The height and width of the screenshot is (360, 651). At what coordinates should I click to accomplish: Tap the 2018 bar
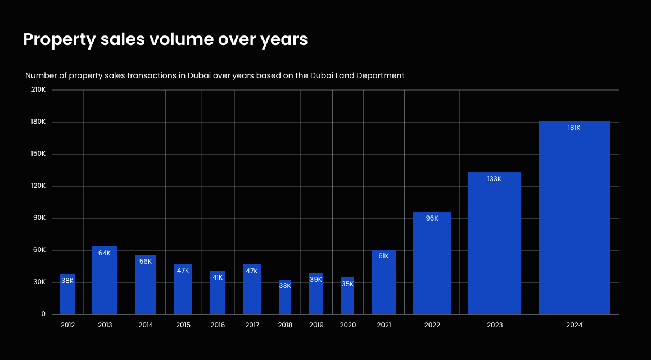tap(285, 298)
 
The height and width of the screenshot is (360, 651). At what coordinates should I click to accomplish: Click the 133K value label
tap(494, 179)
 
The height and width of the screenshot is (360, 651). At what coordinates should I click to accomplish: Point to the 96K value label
tap(432, 218)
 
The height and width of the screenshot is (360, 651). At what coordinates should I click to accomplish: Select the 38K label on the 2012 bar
tap(67, 280)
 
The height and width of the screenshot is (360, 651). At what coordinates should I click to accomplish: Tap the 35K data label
tap(347, 284)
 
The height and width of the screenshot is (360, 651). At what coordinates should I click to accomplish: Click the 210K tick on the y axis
tap(38, 90)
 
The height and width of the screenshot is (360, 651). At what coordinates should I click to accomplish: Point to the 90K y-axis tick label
tap(39, 218)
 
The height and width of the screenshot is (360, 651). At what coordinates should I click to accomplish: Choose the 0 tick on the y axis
tap(43, 314)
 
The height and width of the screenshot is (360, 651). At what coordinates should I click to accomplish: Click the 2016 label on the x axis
tap(218, 325)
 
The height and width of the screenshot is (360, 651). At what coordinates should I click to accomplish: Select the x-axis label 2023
tap(495, 325)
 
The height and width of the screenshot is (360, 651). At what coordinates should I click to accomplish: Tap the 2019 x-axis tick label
tap(316, 325)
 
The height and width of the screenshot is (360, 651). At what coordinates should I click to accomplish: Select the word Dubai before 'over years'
tap(199, 75)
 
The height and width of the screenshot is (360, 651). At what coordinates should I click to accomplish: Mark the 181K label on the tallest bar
tap(574, 128)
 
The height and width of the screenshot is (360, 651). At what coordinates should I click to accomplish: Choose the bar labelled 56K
tap(146, 287)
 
